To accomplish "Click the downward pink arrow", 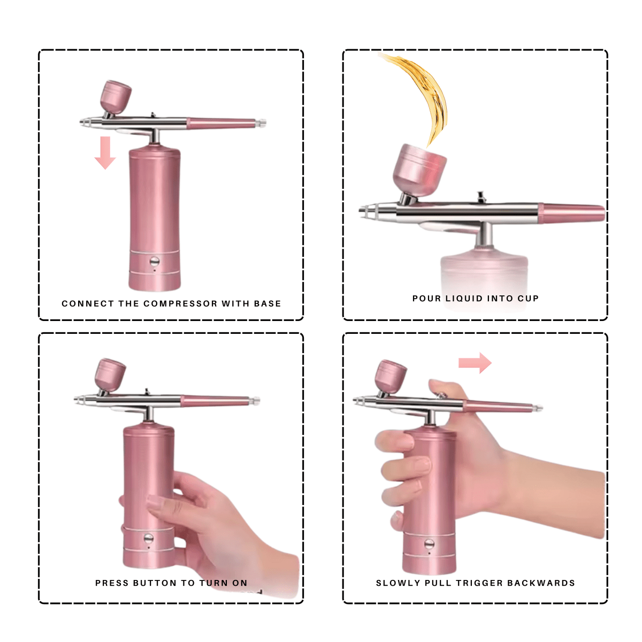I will pos(105,152).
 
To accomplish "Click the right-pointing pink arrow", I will pos(475,363).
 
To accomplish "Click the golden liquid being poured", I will pos(423,91).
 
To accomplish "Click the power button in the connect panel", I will pos(155,262).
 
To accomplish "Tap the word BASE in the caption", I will pos(267,304).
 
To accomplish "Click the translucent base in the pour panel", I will pos(484,273).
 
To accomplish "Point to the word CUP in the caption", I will pos(528,299).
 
